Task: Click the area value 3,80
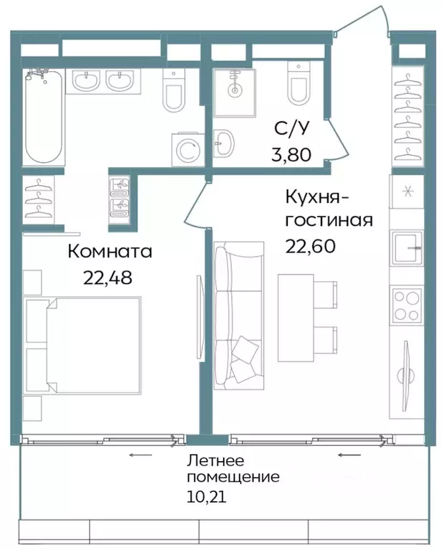pos(292,155)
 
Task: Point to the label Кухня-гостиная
pos(327,207)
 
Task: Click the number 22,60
pos(310,245)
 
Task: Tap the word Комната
pos(110,252)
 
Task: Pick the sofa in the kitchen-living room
pos(239,314)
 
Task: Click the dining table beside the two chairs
pos(297,315)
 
